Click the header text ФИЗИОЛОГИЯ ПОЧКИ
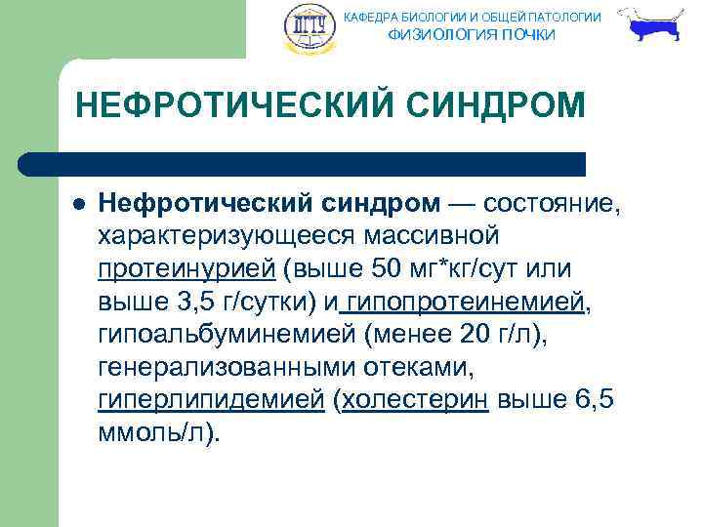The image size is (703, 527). [x=472, y=35]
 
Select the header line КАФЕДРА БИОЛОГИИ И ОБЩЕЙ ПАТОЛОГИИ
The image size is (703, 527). [x=472, y=17]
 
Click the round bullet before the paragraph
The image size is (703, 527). [x=79, y=206]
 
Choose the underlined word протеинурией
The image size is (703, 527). [x=186, y=268]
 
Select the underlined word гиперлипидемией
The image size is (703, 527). [x=210, y=400]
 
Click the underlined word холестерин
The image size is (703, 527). [x=415, y=400]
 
